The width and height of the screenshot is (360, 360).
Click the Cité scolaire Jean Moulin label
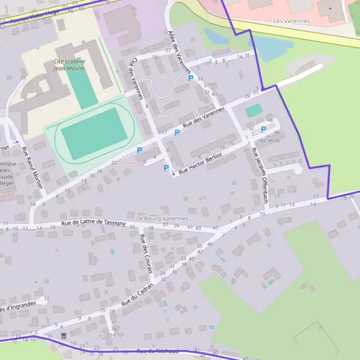coord(69,65)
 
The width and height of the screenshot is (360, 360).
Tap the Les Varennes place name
coord(291,21)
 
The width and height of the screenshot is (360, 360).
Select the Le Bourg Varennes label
coord(162,218)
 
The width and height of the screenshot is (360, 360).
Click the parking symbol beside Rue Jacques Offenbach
coord(263,129)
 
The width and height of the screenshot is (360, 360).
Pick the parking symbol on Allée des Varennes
coord(191,78)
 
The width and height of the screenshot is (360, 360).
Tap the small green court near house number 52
coord(254,110)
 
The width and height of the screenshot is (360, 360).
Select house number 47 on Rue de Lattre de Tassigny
coord(215,228)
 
